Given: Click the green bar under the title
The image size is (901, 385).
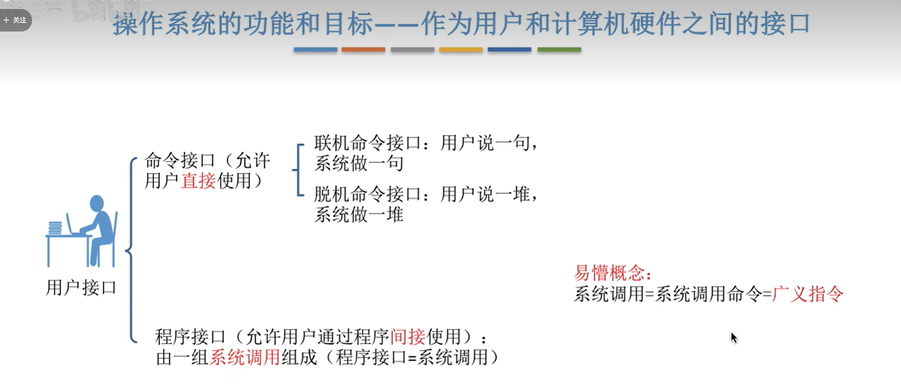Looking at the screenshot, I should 559,50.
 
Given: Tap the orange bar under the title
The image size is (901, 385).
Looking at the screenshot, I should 363,50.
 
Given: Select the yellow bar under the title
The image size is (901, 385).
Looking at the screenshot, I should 460,50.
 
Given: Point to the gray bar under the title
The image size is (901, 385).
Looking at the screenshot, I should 412,50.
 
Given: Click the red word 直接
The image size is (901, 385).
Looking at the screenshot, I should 198,181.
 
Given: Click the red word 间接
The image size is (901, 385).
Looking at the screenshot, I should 407,337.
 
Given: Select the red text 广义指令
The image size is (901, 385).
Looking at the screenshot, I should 807,294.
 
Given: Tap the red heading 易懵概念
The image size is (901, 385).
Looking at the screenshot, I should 612,273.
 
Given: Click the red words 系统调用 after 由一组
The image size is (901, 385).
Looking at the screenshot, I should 244,357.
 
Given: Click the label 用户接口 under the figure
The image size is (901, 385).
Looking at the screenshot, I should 81,288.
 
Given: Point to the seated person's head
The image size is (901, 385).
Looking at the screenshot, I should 96,203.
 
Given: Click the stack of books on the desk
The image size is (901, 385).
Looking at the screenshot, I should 55,228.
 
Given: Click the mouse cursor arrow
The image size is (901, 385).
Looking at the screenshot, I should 733,337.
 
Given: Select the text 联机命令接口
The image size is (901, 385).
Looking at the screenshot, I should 367,143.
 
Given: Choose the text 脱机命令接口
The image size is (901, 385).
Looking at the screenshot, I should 367,194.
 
